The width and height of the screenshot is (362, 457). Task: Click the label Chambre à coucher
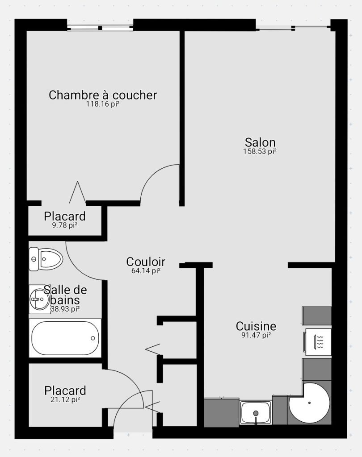click(x=103, y=95)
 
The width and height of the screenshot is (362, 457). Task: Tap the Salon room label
click(x=260, y=142)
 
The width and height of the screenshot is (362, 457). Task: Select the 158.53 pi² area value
click(x=260, y=151)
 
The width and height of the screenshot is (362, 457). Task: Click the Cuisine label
click(x=256, y=326)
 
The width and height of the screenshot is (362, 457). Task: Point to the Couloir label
click(x=146, y=262)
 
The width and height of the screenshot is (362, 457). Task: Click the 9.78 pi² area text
click(x=65, y=225)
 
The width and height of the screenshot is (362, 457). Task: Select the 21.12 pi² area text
click(x=65, y=399)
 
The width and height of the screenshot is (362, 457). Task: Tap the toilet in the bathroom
click(x=46, y=259)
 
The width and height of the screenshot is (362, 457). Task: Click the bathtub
click(x=65, y=338)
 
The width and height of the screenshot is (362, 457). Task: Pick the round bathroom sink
click(x=40, y=299)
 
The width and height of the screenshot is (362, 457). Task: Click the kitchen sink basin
click(x=256, y=412)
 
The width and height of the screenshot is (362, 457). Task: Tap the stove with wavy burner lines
click(x=318, y=342)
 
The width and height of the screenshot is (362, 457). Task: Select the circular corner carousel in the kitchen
click(x=309, y=403)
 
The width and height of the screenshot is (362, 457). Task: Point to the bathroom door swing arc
click(x=77, y=268)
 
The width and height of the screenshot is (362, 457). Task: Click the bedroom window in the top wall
click(x=100, y=28)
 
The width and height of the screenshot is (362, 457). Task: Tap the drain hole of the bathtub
click(x=93, y=338)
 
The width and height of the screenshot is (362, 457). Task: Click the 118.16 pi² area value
click(x=103, y=104)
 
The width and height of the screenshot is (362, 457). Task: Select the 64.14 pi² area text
click(x=146, y=270)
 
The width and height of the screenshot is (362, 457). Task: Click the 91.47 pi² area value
click(x=256, y=335)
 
